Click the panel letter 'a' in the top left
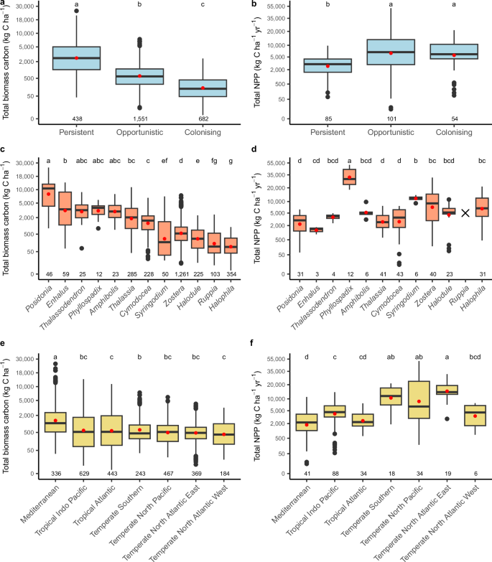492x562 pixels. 4,4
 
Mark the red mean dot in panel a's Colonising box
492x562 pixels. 203,88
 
